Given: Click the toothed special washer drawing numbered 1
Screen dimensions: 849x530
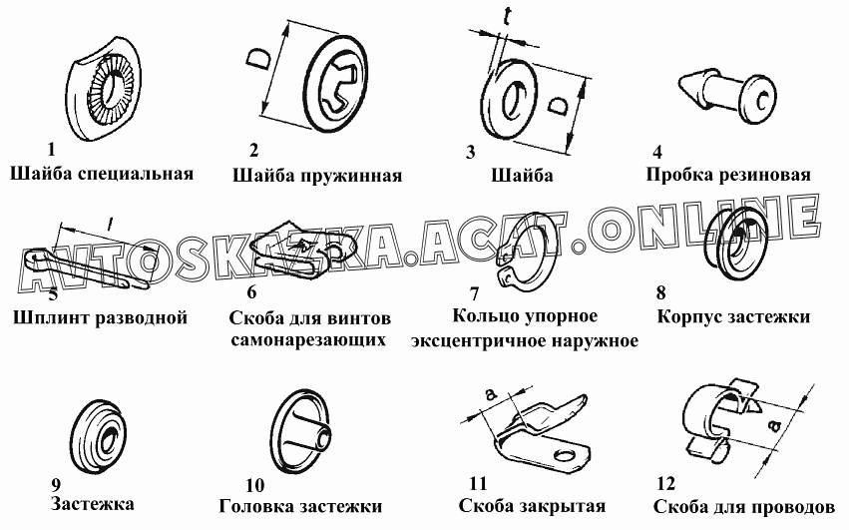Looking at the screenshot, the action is coord(106,90).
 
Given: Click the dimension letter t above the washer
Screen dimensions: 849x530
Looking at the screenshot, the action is coord(507,17).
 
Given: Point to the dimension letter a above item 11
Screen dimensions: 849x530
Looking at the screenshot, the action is coord(490,395).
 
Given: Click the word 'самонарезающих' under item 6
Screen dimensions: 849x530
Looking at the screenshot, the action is coord(308,340).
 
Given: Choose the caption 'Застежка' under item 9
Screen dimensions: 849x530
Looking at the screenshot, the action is coord(92,504).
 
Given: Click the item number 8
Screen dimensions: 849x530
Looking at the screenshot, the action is coord(660,292).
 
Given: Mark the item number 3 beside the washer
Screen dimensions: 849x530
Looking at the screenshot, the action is coord(471,153).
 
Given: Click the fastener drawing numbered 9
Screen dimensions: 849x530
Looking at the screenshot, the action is coord(101,438).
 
